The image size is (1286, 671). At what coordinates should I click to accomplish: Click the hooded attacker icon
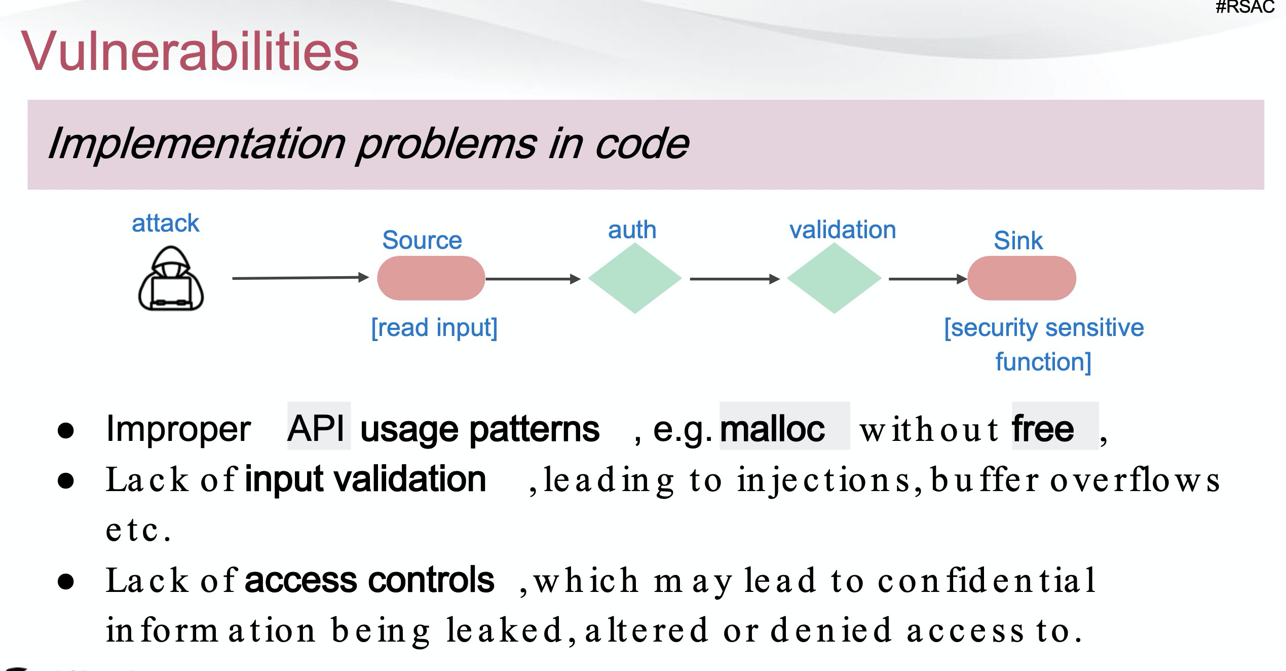pyautogui.click(x=171, y=279)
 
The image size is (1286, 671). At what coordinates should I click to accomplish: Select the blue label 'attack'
pyautogui.click(x=165, y=223)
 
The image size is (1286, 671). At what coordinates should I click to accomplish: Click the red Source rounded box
pyautogui.click(x=431, y=278)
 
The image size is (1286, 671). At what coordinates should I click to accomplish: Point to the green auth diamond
pyautogui.click(x=635, y=278)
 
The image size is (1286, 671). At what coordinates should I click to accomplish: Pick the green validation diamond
pyautogui.click(x=834, y=278)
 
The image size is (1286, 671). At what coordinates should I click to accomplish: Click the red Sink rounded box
pyautogui.click(x=1022, y=278)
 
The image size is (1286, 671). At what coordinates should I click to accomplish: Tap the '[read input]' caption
pyautogui.click(x=434, y=327)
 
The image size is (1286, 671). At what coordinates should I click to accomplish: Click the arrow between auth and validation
pyautogui.click(x=734, y=279)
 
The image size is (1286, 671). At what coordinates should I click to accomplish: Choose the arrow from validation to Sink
pyautogui.click(x=927, y=279)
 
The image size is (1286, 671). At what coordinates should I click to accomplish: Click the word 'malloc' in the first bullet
pyautogui.click(x=772, y=429)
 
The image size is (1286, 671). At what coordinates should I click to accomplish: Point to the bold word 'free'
pyautogui.click(x=1043, y=429)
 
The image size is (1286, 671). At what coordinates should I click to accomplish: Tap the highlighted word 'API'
pyautogui.click(x=317, y=429)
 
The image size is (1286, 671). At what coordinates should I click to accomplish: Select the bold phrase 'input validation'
pyautogui.click(x=365, y=479)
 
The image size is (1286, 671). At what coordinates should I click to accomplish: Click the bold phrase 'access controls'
pyautogui.click(x=369, y=580)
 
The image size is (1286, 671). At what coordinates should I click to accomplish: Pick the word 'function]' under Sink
pyautogui.click(x=1043, y=362)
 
